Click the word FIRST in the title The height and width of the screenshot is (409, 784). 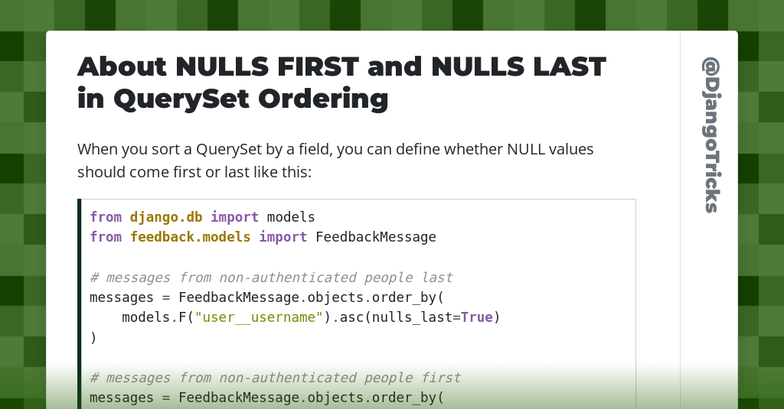(x=318, y=67)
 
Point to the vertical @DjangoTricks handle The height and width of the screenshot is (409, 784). (x=712, y=135)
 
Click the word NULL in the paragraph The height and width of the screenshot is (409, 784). (x=526, y=149)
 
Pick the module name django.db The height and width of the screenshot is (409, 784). (x=166, y=217)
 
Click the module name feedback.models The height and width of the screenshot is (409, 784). (x=190, y=237)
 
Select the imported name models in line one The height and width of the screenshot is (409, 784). (x=291, y=217)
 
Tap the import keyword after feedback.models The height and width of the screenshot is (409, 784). (x=283, y=237)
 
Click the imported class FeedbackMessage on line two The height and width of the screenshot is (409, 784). (x=376, y=237)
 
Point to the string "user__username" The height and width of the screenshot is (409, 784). (x=259, y=317)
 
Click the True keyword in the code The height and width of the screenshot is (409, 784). (x=476, y=317)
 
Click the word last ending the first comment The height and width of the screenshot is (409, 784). (x=437, y=278)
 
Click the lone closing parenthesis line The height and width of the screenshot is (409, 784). (x=93, y=338)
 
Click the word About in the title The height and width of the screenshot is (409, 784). (x=122, y=67)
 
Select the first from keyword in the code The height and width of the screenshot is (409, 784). (x=106, y=217)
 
